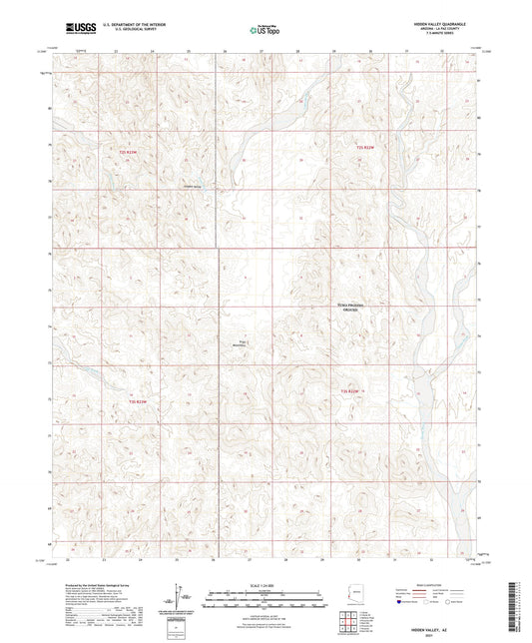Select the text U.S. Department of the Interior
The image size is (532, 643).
pos(127,21)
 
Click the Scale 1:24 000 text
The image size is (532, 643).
pos(265,585)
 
